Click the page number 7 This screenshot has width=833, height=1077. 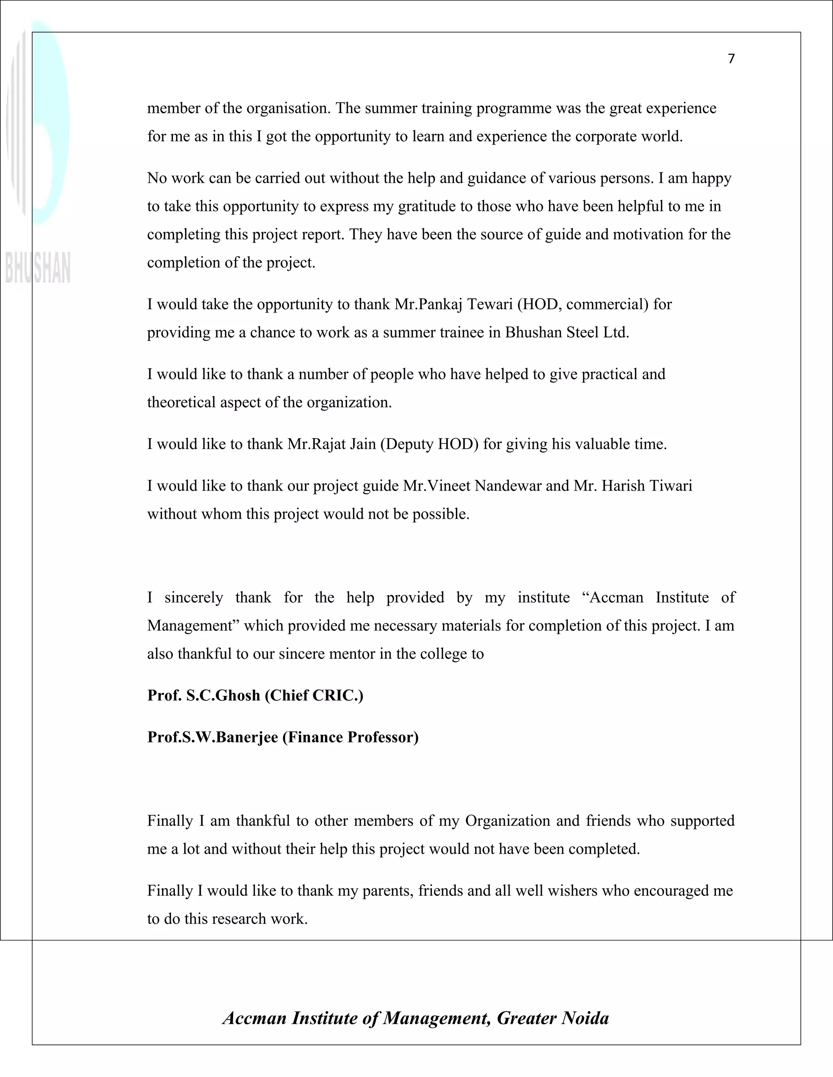731,59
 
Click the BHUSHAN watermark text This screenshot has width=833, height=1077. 37,268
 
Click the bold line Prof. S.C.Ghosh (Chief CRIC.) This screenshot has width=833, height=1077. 255,695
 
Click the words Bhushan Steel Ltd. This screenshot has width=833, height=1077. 567,332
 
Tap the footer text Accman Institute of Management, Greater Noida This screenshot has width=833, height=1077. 416,1018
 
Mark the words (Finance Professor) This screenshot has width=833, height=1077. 350,737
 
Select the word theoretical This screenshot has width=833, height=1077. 181,402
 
